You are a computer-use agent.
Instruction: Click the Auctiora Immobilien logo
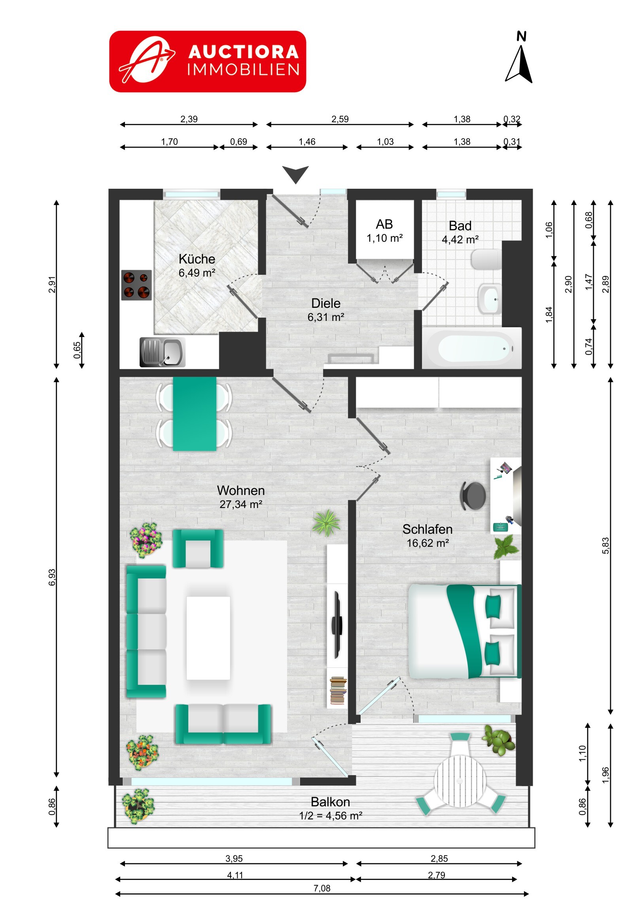pos(208,61)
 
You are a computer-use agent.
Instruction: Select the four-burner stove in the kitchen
pos(136,285)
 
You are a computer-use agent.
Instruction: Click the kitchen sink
pos(163,352)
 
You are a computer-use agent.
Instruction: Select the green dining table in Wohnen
pos(195,414)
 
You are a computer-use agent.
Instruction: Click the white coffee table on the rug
pos(208,638)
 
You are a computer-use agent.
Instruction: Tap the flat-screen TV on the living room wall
pos(337,625)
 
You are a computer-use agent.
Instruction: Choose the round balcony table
pos(460,781)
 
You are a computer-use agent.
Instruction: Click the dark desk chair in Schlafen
pos(473,496)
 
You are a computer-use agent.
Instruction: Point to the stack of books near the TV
pos(338,690)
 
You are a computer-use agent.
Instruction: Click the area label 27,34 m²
pos(241,504)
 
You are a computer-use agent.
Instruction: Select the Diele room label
pos(326,303)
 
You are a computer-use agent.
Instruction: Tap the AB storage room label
pos(384,224)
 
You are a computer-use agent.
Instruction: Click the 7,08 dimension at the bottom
pos(322,888)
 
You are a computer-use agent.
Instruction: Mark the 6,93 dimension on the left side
pos(52,577)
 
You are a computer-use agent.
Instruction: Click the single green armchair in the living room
pos(198,548)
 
